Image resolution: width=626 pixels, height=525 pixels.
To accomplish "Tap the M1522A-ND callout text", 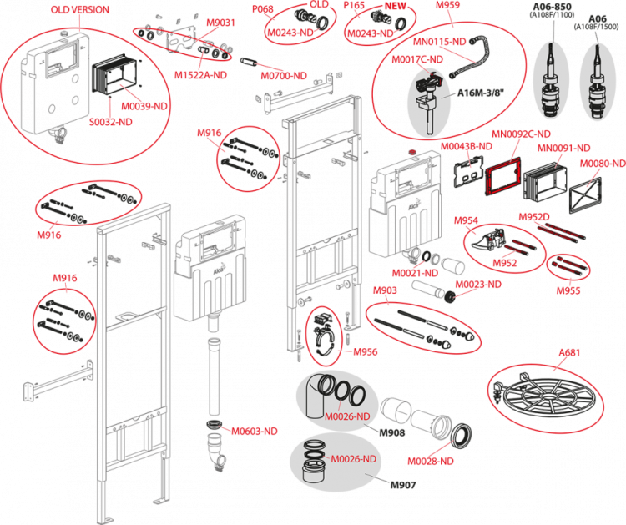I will (x=200, y=74).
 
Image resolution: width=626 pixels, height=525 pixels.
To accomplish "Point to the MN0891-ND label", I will (x=563, y=148).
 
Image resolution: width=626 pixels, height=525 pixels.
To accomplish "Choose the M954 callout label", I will (x=466, y=220).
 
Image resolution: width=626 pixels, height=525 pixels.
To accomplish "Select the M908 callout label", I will (x=385, y=290).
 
